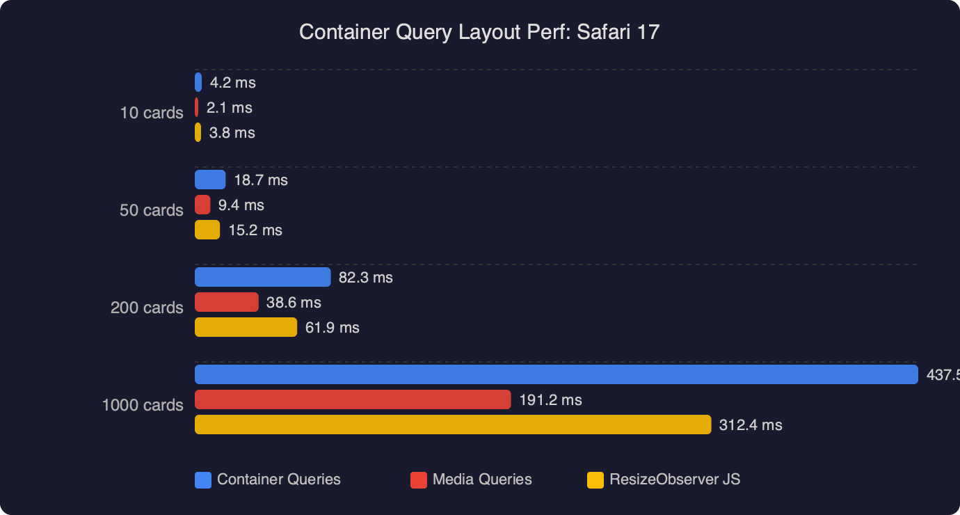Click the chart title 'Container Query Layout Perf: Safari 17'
point(479,32)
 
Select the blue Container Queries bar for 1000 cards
point(556,374)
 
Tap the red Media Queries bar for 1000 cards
point(353,399)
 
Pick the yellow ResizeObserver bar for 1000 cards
point(453,425)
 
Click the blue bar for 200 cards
point(262,277)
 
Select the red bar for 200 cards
point(226,302)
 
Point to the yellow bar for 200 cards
point(246,327)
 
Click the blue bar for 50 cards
point(210,180)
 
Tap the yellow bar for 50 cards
point(207,230)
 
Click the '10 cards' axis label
point(152,113)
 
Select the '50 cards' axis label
point(152,210)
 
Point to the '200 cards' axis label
point(147,308)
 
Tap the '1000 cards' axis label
point(143,405)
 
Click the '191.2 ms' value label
point(550,400)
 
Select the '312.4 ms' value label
point(751,425)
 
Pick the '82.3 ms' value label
point(365,278)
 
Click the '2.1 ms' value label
point(229,108)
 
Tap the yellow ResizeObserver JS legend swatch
point(595,480)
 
